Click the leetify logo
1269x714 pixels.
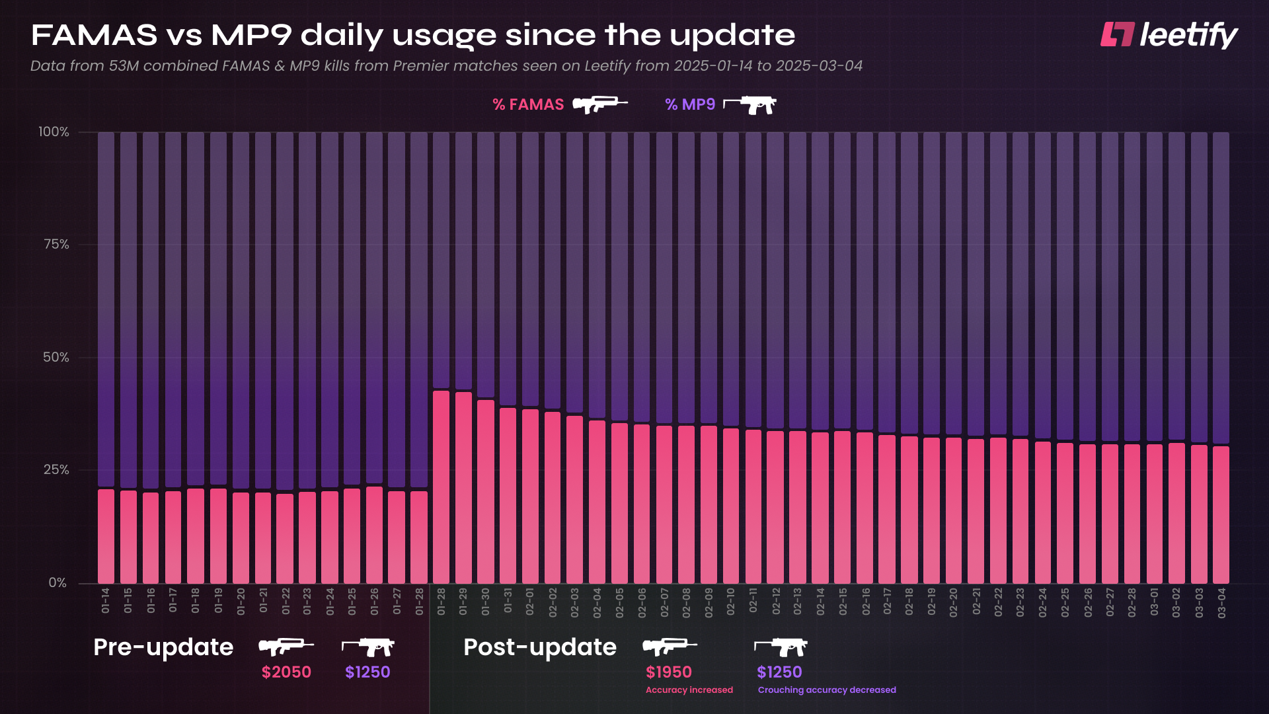[x=1169, y=35]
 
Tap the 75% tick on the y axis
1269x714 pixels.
[x=56, y=245]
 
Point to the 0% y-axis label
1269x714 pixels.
[x=58, y=582]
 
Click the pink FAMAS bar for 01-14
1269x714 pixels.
[x=106, y=536]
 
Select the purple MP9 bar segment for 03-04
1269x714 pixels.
[x=1221, y=288]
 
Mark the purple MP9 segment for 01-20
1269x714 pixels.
[x=241, y=311]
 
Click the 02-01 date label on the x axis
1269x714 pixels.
[x=530, y=602]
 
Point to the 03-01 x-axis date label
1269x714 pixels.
[x=1154, y=602]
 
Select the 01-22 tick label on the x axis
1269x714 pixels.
[x=286, y=602]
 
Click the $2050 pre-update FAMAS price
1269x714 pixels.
[x=286, y=672]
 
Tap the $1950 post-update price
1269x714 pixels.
[x=668, y=672]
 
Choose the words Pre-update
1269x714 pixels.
[x=163, y=647]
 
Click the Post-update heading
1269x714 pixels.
[x=540, y=647]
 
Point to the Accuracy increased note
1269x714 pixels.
[x=689, y=690]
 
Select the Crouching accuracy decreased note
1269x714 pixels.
[x=826, y=690]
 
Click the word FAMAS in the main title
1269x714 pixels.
[x=94, y=35]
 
